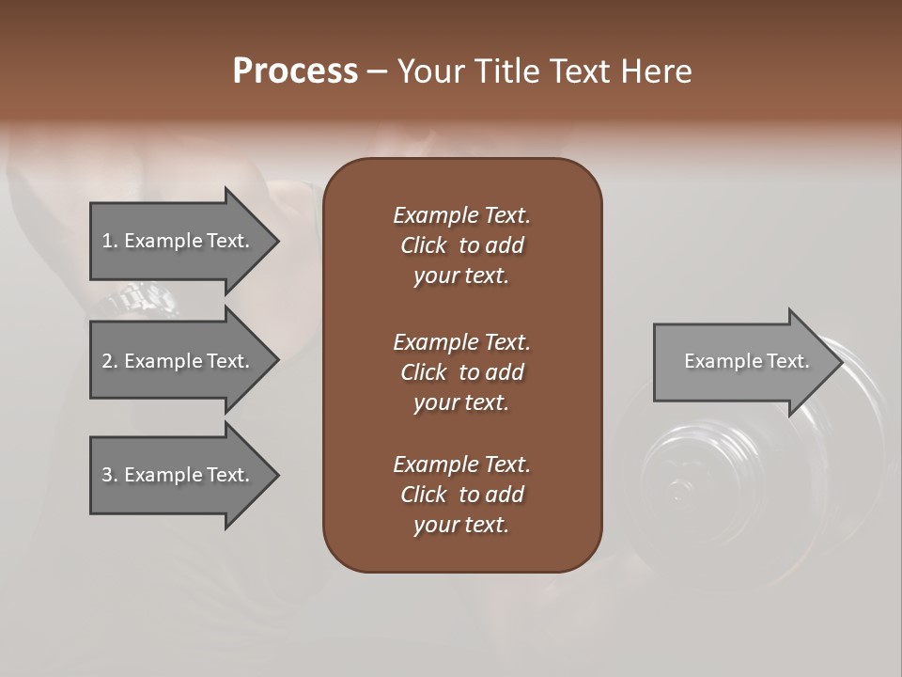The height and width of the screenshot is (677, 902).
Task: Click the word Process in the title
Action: tap(295, 71)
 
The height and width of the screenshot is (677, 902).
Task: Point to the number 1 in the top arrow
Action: tap(107, 241)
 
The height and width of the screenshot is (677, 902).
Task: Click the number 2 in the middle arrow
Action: tap(107, 361)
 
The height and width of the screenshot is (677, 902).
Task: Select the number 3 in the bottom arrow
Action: tap(107, 475)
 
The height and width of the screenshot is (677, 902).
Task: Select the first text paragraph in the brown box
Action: tap(461, 245)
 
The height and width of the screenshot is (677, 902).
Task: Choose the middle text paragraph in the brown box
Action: tap(461, 371)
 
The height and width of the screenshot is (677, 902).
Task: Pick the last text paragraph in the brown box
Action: tap(461, 495)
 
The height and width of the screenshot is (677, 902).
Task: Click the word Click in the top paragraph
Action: tap(423, 245)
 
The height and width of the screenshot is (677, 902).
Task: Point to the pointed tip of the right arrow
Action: tap(841, 362)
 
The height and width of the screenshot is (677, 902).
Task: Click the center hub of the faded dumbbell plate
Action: tap(676, 489)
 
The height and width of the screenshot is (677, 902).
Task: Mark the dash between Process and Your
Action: tap(377, 71)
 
